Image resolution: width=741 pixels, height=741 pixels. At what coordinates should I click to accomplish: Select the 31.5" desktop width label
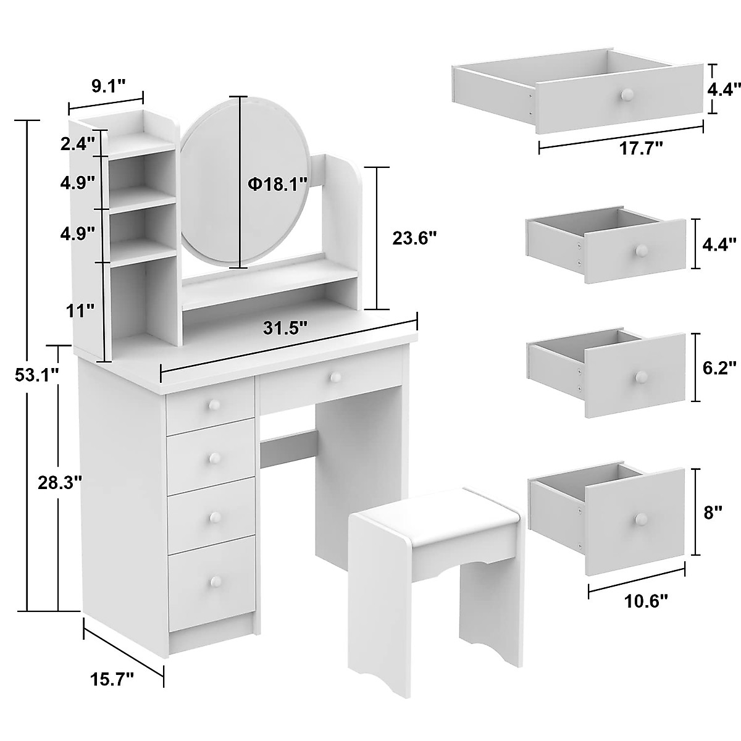click(x=286, y=328)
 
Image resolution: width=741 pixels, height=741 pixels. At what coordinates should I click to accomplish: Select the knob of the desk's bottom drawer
click(x=216, y=581)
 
